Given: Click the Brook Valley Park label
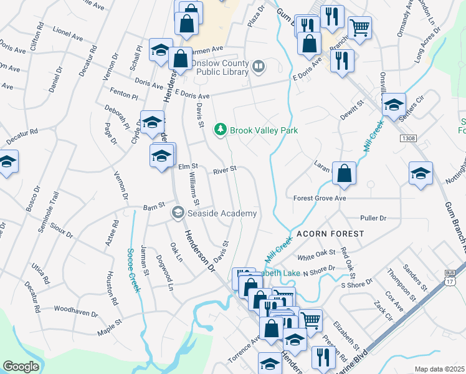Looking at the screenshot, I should click(x=264, y=130).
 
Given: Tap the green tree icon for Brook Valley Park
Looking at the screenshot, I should click(x=219, y=130).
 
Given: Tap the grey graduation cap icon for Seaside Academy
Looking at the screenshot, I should click(x=178, y=213).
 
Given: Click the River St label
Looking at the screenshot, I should click(x=225, y=169).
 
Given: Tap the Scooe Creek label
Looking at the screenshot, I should click(x=133, y=271).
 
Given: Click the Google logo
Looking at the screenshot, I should click(x=21, y=367).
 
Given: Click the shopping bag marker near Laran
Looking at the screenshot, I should click(x=344, y=175).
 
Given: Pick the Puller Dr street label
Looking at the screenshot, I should click(x=373, y=218).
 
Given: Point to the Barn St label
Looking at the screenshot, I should click(x=153, y=205).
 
